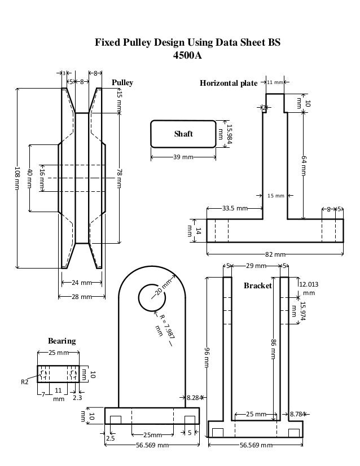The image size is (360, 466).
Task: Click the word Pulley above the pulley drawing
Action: (x=122, y=83)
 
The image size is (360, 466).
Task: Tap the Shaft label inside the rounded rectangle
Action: (x=183, y=134)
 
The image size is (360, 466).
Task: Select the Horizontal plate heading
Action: (x=229, y=83)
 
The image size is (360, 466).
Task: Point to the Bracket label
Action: (x=258, y=286)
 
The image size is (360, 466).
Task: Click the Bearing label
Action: (x=62, y=341)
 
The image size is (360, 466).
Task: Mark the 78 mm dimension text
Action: (x=120, y=178)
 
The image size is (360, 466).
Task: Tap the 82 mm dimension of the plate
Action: (x=275, y=254)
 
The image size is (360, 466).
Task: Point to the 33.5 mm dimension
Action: (x=234, y=208)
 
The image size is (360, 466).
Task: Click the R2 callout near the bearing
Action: (x=24, y=382)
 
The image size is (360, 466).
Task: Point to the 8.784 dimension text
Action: (x=298, y=414)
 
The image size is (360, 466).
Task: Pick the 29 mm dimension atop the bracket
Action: (x=257, y=265)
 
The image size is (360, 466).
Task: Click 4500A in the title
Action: (x=187, y=56)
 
